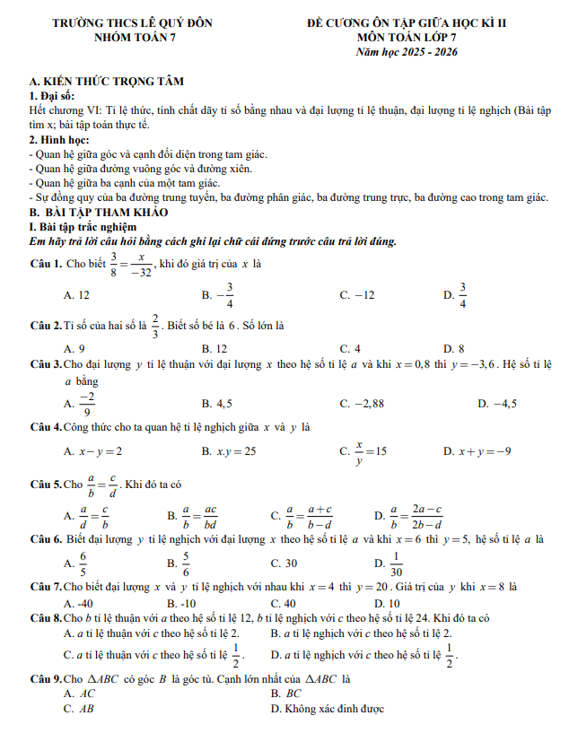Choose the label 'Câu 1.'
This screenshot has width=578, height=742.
click(46, 264)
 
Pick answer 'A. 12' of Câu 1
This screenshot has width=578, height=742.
click(76, 295)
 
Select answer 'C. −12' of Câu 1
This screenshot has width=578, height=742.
click(357, 295)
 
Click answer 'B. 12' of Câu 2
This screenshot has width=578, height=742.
click(215, 348)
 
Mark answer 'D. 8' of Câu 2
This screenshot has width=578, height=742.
click(453, 348)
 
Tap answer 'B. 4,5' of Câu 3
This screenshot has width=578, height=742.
click(217, 404)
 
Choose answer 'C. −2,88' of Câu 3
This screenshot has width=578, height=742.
click(362, 404)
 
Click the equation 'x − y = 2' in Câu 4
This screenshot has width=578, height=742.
click(101, 451)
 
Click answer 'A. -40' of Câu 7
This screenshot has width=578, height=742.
click(78, 603)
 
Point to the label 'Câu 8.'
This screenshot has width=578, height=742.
click(46, 618)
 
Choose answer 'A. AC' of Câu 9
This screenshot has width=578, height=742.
click(80, 694)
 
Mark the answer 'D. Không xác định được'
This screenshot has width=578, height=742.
click(328, 709)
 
